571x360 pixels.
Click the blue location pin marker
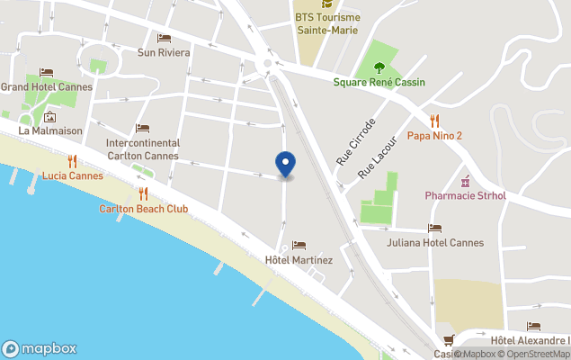point(285,164)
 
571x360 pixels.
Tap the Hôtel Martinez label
point(299,261)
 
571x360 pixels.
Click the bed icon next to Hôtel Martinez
point(299,245)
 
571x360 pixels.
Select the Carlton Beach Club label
point(144,209)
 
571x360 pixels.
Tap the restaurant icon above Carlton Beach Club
point(143,193)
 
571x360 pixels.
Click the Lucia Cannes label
point(73,175)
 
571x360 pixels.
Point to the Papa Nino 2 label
point(434,136)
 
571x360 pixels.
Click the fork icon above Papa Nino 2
point(435,120)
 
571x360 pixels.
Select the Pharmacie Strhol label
point(466,195)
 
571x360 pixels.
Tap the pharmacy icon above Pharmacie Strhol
point(466,180)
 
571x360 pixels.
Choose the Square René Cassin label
point(379,82)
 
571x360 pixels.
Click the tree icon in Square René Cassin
point(379,66)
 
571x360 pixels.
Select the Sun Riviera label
point(164,52)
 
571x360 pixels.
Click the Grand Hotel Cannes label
point(40,86)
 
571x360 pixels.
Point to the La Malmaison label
point(50,130)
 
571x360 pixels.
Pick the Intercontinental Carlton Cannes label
point(143,148)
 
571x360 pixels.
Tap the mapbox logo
point(40,348)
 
